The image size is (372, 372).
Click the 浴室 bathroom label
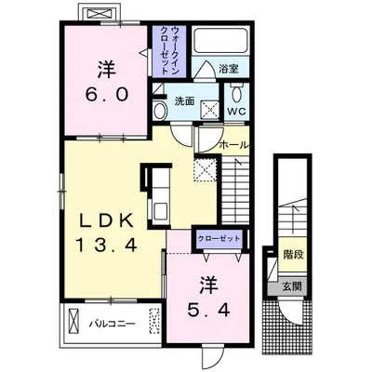click(x=229, y=69)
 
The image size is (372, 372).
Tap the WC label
click(x=237, y=112)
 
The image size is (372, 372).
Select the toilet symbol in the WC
click(x=237, y=92)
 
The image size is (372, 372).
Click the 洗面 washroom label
click(x=184, y=101)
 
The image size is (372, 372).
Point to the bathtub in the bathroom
click(x=220, y=40)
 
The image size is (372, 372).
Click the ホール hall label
click(x=234, y=145)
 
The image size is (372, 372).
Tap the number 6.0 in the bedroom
click(x=107, y=94)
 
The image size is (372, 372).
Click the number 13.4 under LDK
click(x=107, y=245)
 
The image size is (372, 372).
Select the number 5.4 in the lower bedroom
click(x=208, y=309)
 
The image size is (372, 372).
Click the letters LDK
click(x=107, y=221)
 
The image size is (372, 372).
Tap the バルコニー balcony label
click(x=113, y=325)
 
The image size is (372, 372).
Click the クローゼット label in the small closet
click(x=219, y=239)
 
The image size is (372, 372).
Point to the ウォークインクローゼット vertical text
click(x=170, y=50)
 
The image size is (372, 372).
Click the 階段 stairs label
click(x=293, y=255)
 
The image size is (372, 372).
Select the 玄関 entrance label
click(x=292, y=286)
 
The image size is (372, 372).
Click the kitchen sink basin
click(x=161, y=211)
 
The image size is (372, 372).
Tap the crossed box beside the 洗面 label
click(x=209, y=109)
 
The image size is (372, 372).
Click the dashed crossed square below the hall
click(x=205, y=169)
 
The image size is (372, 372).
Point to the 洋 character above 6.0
click(x=107, y=70)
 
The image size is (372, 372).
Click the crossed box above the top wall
click(x=99, y=13)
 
